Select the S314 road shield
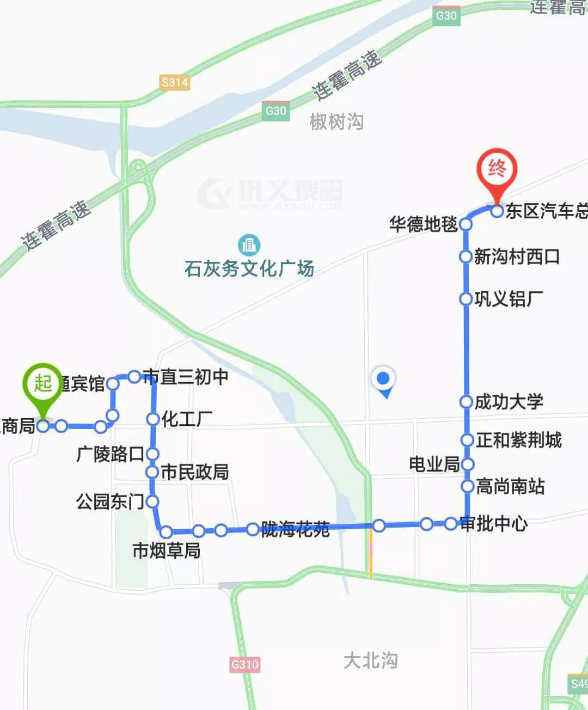tap(175, 83)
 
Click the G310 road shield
tap(245, 664)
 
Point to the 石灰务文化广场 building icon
tap(249, 245)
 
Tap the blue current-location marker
tap(384, 378)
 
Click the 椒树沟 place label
tap(336, 121)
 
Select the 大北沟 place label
tap(370, 660)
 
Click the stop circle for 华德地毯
tap(465, 224)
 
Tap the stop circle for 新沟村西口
tap(465, 256)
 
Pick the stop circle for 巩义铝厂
tap(465, 298)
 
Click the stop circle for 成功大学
tap(466, 402)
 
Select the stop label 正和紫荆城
tap(518, 440)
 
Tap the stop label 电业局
tap(434, 464)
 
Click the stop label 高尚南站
tap(510, 486)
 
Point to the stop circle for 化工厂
tap(153, 419)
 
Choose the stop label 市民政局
tap(194, 472)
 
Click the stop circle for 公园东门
tap(152, 501)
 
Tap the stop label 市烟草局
tap(167, 550)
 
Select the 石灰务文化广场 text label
tap(249, 268)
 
